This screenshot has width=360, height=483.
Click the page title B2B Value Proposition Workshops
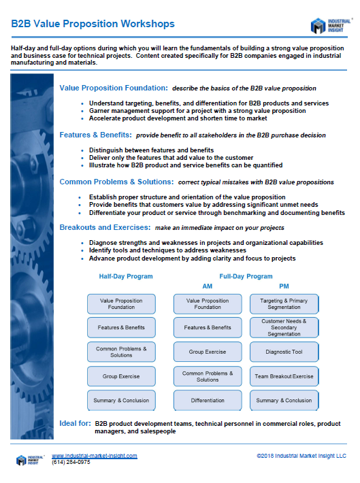[x=93, y=24]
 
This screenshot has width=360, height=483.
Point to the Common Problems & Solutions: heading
[x=116, y=182]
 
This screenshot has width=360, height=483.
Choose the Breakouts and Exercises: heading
[x=105, y=227]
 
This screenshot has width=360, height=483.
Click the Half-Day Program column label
[x=125, y=277]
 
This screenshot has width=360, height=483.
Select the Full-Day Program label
[x=246, y=277]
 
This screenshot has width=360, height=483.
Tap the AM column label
[x=208, y=286]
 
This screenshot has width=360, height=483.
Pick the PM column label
[x=284, y=286]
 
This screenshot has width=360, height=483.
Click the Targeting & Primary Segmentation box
[x=284, y=303]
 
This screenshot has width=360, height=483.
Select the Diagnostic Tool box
[x=284, y=352]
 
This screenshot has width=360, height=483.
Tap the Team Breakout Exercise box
[x=284, y=376]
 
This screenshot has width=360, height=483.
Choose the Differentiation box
[x=208, y=400]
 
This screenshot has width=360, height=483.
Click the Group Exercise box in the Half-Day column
[x=122, y=376]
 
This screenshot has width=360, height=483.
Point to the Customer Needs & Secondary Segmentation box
[x=284, y=327]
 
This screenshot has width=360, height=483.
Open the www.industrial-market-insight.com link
[x=95, y=456]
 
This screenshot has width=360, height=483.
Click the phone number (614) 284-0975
[x=71, y=462]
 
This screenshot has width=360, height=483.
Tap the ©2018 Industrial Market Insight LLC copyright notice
[x=301, y=456]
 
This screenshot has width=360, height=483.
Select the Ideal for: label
[x=75, y=423]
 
